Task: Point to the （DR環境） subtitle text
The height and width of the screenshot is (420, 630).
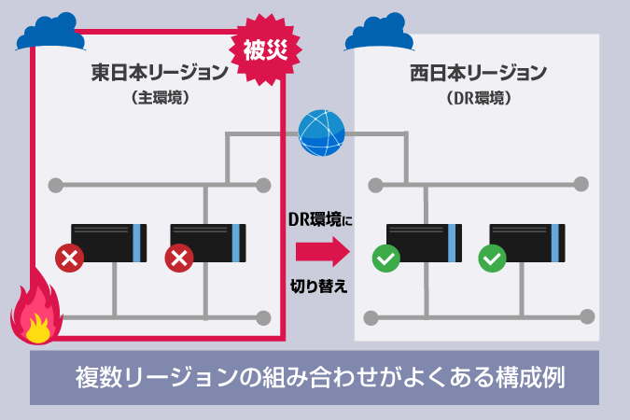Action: pos(477,95)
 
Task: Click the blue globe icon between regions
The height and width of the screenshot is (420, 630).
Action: pos(321,133)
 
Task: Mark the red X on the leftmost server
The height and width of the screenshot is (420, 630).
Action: pos(67,259)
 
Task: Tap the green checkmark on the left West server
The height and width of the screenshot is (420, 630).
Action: pos(385,259)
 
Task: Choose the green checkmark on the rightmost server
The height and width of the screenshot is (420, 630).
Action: pos(491,259)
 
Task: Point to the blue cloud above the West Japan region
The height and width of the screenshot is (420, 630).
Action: pos(380,31)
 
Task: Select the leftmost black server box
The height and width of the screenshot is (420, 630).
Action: pos(109,243)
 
